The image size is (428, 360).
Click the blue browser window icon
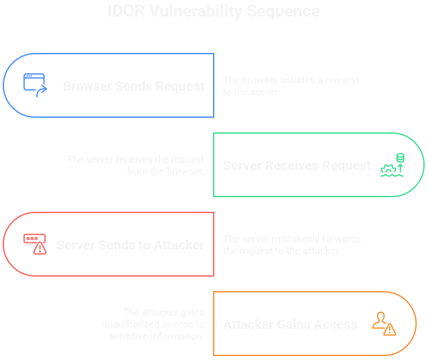pyautogui.click(x=35, y=85)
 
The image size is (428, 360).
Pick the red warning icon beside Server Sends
pyautogui.click(x=35, y=244)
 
